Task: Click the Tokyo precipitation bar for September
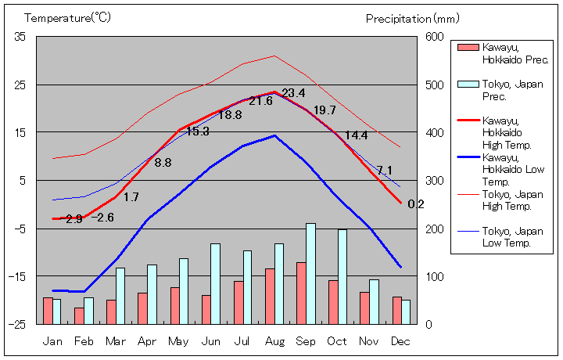(x=310, y=273)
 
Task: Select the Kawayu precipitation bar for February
(x=79, y=315)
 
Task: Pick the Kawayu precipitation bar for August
(x=270, y=296)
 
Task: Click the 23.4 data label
(x=293, y=93)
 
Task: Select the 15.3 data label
(x=197, y=131)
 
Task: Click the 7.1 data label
(x=384, y=171)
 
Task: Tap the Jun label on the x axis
(x=211, y=341)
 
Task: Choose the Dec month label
(x=400, y=341)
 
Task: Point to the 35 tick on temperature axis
(x=20, y=37)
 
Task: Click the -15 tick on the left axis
(x=18, y=276)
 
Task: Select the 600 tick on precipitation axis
(x=435, y=37)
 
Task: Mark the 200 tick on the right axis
(x=435, y=229)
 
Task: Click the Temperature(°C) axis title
(x=67, y=17)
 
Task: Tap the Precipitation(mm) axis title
(x=409, y=17)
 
